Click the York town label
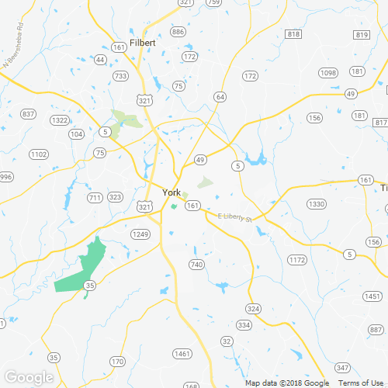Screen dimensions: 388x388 (171, 192)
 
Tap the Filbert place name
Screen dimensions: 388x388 (144, 43)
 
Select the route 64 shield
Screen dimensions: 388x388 (221, 97)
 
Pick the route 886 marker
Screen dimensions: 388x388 (178, 32)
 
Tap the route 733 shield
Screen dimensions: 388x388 (120, 76)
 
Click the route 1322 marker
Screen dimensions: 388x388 (59, 120)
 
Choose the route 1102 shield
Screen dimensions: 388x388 (39, 154)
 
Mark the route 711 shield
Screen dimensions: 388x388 (95, 198)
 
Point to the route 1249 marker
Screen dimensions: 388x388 (140, 234)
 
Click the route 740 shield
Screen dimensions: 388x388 (196, 265)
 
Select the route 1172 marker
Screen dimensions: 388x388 (297, 260)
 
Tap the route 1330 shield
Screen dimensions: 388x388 (316, 204)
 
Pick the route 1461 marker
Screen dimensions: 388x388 (182, 354)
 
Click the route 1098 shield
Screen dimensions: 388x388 (328, 72)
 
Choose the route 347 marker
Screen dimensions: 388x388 (343, 367)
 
